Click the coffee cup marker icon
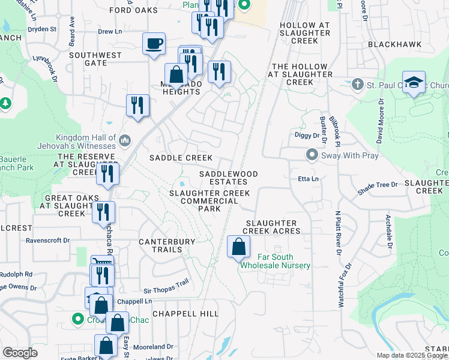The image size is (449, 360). [154, 44]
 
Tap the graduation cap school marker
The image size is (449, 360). [414, 83]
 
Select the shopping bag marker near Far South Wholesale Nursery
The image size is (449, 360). [238, 246]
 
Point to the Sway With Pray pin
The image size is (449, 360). [312, 155]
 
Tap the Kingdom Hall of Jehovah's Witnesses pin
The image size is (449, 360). [125, 140]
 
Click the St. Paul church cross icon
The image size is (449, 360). [358, 85]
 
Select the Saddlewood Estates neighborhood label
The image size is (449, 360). [229, 178]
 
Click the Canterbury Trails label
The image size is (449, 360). [167, 245]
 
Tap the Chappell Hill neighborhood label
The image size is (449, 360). [185, 314]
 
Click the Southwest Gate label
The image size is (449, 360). [95, 59]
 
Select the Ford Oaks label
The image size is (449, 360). [134, 10]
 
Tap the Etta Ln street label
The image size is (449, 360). [307, 179]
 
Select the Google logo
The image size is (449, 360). [20, 352]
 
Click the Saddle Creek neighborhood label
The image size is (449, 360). [181, 157]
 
